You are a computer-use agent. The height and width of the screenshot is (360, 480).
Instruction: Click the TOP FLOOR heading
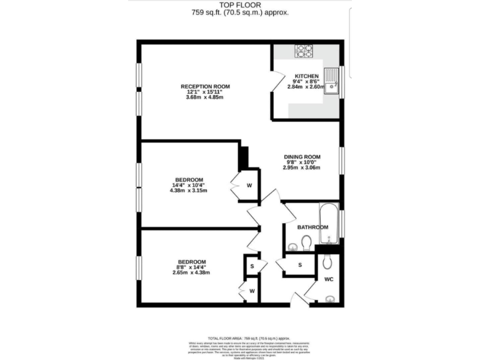click(x=239, y=4)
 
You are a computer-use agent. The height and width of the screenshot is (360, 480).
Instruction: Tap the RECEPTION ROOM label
click(x=205, y=86)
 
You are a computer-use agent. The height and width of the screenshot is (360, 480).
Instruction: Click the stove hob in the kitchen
click(x=304, y=50)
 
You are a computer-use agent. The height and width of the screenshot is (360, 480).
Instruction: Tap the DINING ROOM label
click(x=302, y=156)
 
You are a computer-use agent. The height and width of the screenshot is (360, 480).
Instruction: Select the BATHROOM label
click(x=312, y=227)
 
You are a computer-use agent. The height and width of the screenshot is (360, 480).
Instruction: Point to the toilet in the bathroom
click(x=306, y=242)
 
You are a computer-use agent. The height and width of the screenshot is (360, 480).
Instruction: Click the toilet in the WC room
click(x=329, y=264)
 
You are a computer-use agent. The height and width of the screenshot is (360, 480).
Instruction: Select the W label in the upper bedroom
click(x=249, y=185)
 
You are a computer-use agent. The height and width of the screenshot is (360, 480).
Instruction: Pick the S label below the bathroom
click(x=300, y=265)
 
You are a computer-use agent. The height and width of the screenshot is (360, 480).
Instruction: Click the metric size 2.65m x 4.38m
click(x=192, y=272)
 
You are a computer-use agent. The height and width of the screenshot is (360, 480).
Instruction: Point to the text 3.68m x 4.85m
click(x=205, y=97)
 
